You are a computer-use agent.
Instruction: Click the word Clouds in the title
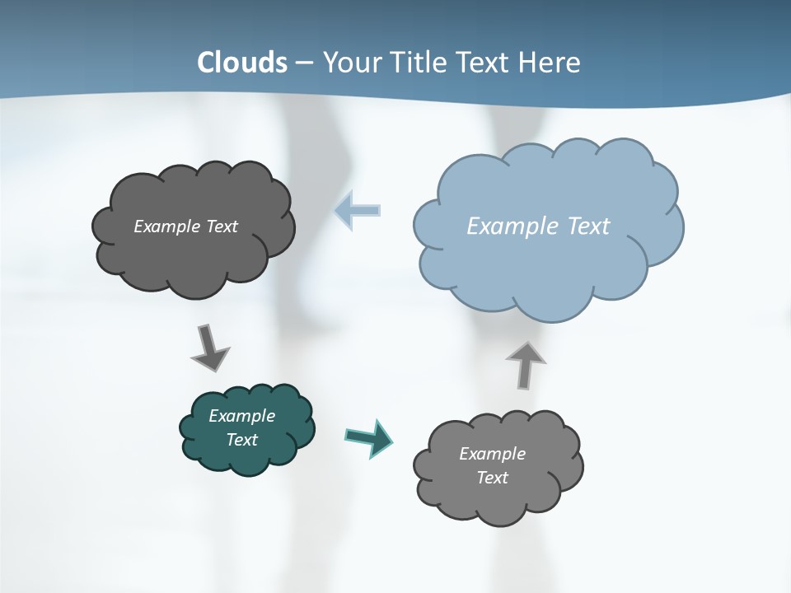click(242, 63)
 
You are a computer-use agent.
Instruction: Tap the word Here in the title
click(551, 63)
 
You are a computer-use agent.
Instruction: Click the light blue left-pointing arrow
click(358, 211)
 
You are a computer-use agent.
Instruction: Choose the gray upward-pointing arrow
click(526, 364)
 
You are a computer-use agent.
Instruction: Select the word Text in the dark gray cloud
click(222, 226)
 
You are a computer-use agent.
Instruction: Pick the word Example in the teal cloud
click(241, 416)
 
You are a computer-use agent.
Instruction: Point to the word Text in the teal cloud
click(241, 440)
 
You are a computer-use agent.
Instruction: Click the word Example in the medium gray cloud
click(492, 454)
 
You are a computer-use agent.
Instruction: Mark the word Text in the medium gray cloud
click(492, 478)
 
